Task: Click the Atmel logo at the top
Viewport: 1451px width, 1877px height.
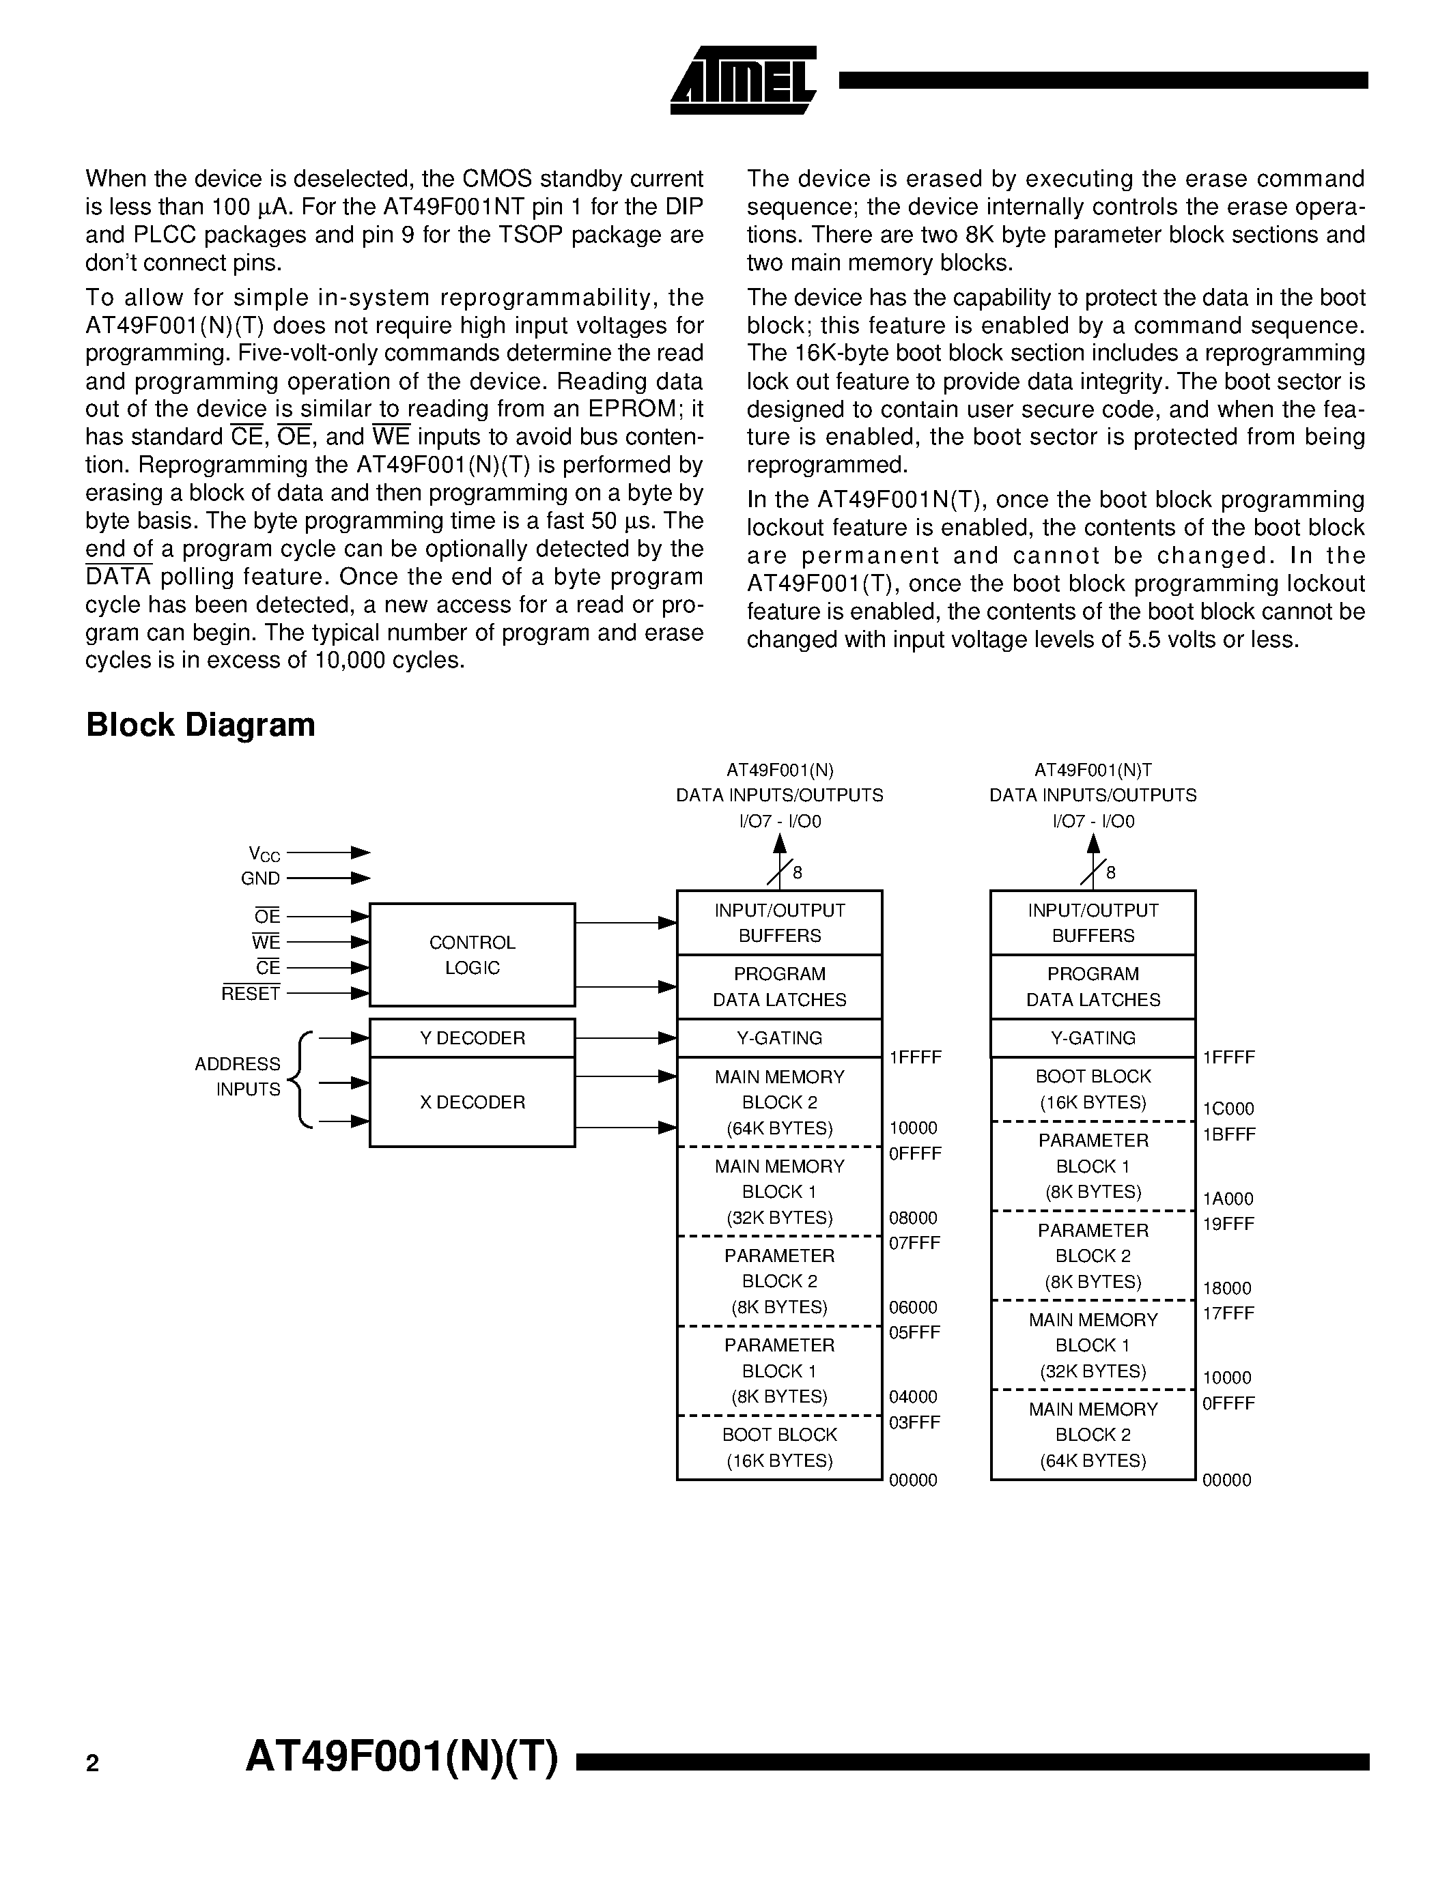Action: tap(744, 80)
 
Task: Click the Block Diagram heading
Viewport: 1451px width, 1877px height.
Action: tap(200, 724)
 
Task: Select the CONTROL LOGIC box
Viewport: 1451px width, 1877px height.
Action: tap(472, 954)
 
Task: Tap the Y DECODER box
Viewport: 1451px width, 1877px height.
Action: tap(472, 1037)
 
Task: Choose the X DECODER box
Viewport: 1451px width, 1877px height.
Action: tap(472, 1102)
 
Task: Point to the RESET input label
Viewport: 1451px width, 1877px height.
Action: tap(251, 994)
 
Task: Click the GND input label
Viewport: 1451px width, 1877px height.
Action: tap(260, 878)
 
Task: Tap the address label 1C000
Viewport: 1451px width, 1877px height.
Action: tap(1228, 1108)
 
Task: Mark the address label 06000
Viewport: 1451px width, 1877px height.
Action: tap(913, 1307)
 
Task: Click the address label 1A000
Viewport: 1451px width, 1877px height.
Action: tap(1228, 1198)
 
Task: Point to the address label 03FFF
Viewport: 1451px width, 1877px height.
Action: tap(914, 1422)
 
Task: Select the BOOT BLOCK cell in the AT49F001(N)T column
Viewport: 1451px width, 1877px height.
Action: tap(1093, 1089)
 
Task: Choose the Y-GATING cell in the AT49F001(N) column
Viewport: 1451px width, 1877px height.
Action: tap(779, 1037)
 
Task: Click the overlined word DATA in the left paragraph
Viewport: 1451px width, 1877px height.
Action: tap(119, 577)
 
